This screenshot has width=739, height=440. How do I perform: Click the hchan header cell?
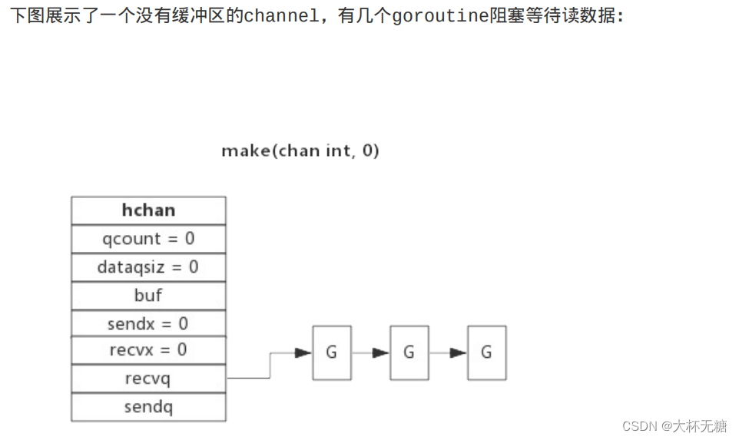(x=148, y=210)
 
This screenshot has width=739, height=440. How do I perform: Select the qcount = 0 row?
(x=148, y=239)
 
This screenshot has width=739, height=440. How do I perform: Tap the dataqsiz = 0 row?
(x=148, y=267)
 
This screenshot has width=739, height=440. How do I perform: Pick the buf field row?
(x=148, y=296)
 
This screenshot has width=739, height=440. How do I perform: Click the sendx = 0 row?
(x=148, y=323)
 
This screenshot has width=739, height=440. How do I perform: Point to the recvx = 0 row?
(x=148, y=350)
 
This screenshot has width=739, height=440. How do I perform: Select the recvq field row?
(x=148, y=379)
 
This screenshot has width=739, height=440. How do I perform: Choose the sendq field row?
(x=148, y=407)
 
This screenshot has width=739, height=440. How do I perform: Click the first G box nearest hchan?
(x=332, y=352)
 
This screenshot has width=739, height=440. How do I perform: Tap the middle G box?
(x=409, y=352)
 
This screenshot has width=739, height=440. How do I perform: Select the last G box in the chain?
(x=487, y=352)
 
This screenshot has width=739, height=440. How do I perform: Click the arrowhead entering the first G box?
(x=303, y=352)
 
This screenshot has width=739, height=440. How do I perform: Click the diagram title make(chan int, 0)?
(x=300, y=151)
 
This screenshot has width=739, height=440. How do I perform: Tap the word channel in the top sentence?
(x=281, y=16)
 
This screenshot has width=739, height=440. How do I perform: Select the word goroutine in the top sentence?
(x=439, y=16)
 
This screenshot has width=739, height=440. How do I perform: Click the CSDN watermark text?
(x=674, y=426)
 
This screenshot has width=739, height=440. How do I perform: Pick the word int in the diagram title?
(x=338, y=151)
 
